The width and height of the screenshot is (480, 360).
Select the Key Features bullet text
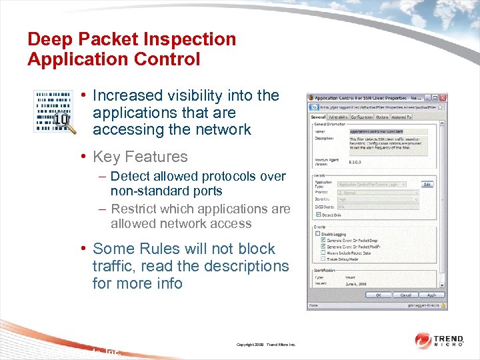pos(140,157)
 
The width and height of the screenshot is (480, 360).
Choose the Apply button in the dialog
pos(431,295)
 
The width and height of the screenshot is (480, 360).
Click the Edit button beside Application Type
pos(428,184)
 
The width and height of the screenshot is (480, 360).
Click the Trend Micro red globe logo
pos(423,340)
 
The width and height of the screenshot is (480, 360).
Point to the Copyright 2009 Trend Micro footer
pos(265,345)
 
